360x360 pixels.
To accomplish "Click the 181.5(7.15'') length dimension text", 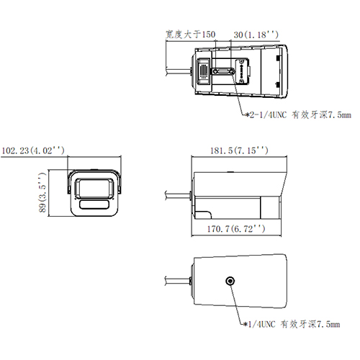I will (238, 150).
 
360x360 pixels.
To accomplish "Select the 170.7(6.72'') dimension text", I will (234, 228).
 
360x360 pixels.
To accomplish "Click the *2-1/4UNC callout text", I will (299, 114).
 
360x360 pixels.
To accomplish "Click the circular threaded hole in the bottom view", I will (231, 281).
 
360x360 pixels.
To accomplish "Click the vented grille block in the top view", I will (204, 72).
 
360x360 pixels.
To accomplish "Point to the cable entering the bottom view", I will (176, 279).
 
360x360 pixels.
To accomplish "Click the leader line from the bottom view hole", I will (237, 302).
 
